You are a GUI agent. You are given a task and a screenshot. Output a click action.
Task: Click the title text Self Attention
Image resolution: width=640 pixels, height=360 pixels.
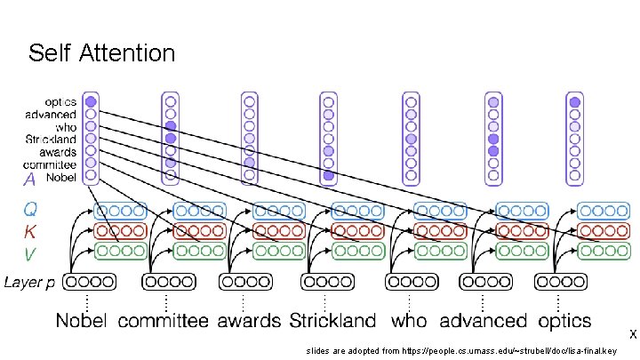[x=101, y=53]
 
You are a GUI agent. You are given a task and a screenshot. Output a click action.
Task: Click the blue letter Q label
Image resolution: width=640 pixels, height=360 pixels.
[x=31, y=211]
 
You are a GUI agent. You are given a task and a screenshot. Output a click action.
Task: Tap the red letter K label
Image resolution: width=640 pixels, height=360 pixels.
[x=30, y=232]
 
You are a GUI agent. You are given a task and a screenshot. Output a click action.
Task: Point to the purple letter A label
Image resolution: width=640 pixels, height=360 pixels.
[x=29, y=179]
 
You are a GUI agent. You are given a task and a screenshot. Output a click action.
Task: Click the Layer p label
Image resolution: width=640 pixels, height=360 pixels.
[x=30, y=283]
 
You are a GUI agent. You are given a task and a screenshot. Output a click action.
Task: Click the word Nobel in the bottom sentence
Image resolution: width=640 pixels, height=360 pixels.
[x=84, y=320]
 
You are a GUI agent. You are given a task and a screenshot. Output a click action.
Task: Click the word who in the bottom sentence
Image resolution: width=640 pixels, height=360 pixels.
[x=408, y=320]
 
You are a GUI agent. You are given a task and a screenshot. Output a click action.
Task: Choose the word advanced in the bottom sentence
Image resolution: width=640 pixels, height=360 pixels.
[x=483, y=320]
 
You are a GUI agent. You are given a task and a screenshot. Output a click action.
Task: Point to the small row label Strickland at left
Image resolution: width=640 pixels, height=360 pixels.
[x=52, y=139]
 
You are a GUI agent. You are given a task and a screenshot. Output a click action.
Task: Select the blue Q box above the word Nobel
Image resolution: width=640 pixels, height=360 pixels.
[x=120, y=212]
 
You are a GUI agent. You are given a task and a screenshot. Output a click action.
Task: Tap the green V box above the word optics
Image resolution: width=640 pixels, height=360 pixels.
[x=603, y=251]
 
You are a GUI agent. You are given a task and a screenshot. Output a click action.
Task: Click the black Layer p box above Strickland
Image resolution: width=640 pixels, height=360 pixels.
[x=328, y=283]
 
